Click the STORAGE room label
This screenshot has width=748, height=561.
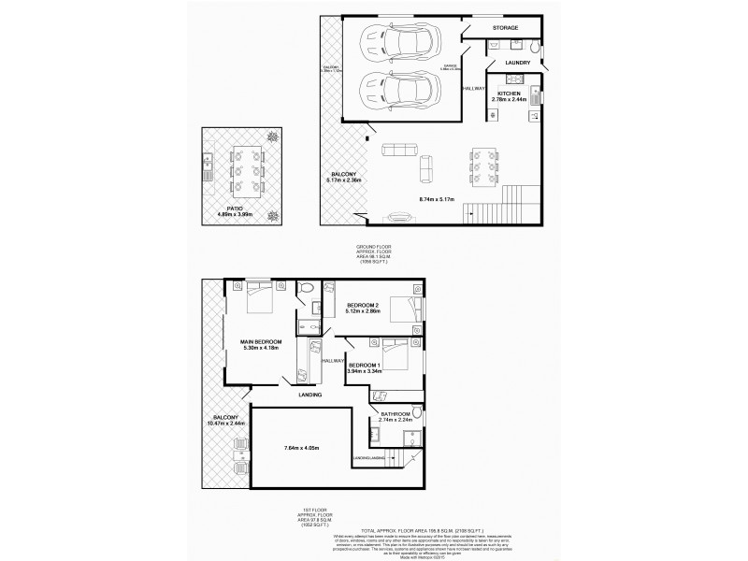tap(505, 28)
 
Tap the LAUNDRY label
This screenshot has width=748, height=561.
tap(518, 64)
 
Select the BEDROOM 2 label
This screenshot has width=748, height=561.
tap(362, 306)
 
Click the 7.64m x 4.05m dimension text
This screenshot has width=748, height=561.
tap(301, 450)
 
